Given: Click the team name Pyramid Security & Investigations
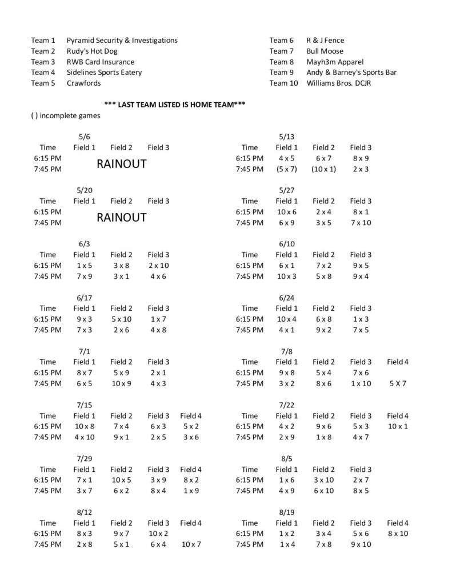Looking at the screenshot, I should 122,41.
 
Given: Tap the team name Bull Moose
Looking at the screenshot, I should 325,51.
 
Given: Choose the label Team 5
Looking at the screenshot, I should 43,83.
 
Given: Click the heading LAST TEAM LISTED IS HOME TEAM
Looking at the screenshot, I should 175,105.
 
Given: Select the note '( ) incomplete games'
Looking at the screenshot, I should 66,115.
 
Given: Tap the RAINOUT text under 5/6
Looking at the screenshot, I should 121,164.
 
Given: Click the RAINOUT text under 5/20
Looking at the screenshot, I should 121,218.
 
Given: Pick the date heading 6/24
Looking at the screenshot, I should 286,298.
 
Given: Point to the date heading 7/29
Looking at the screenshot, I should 84,459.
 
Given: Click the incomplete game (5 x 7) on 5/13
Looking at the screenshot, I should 286,169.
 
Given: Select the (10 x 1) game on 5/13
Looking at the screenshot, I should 323,169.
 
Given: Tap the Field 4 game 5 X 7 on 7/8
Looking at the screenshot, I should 398,383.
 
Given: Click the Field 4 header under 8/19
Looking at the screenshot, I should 398,523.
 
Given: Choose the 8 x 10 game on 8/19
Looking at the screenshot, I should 398,534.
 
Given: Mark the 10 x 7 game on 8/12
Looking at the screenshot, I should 191,544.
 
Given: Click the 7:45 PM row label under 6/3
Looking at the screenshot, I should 47,277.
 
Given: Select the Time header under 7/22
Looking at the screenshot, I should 250,416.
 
